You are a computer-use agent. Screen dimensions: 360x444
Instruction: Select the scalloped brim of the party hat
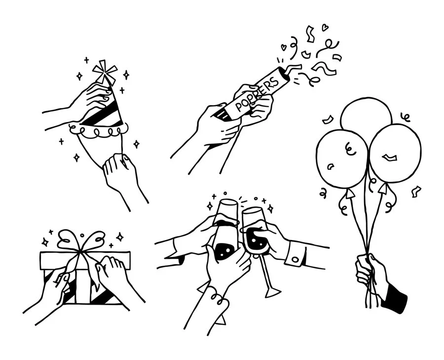[99, 131]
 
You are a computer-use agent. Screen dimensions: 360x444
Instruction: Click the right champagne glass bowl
[256, 232]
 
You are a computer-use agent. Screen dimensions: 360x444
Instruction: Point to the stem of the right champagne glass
[265, 272]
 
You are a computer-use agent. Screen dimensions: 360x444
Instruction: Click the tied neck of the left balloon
[348, 193]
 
